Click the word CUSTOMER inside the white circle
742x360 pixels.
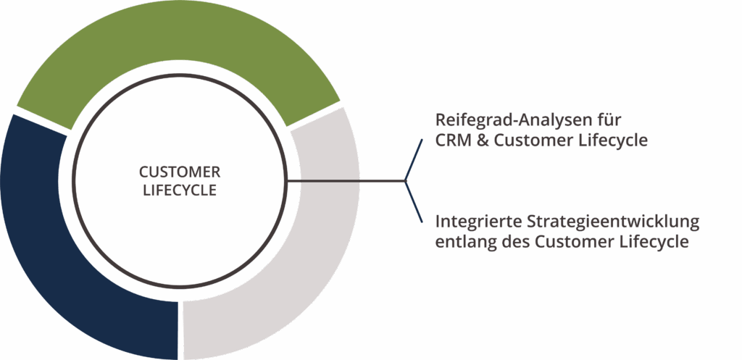[x=179, y=172]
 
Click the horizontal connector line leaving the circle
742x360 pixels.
[x=348, y=180]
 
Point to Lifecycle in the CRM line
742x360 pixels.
[x=610, y=141]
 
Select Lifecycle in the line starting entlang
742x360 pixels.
[x=650, y=242]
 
